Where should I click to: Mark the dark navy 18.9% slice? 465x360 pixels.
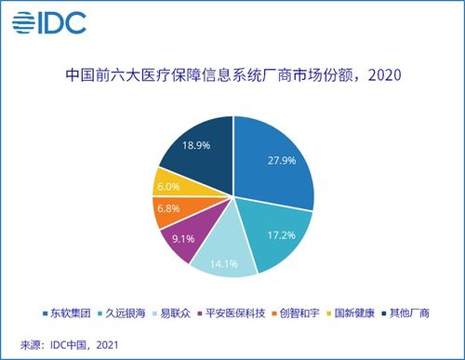[195, 149]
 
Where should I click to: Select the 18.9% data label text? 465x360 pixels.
[195, 147]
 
